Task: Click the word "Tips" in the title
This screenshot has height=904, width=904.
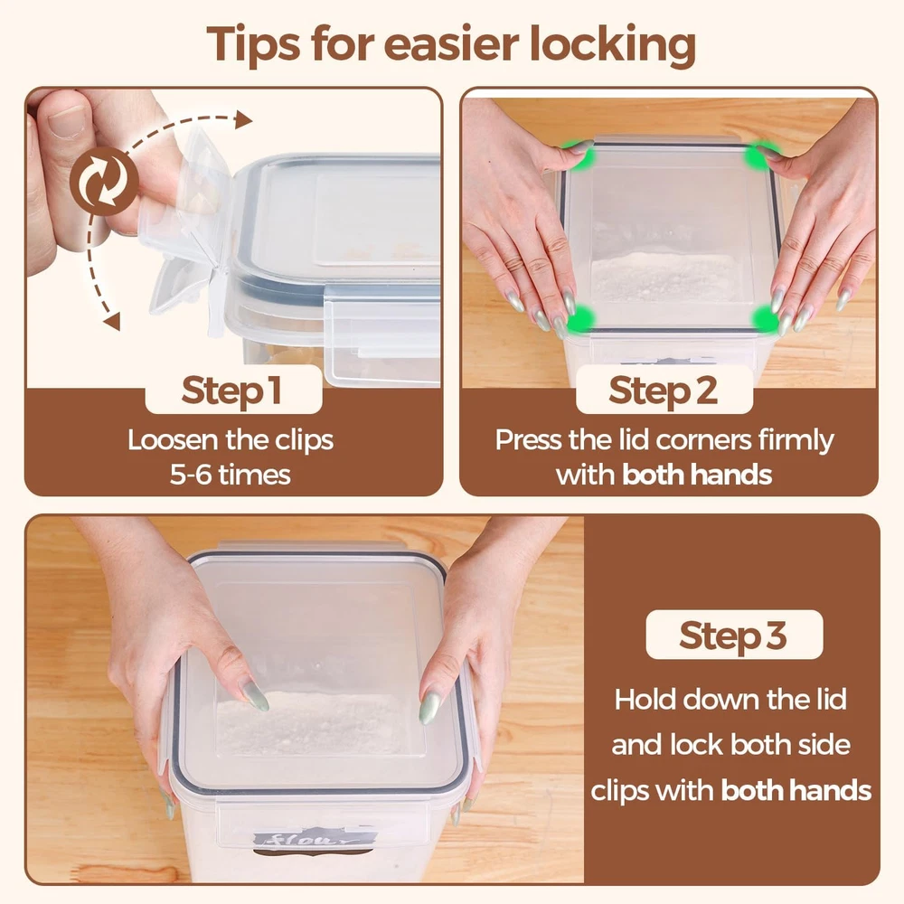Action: coord(253,43)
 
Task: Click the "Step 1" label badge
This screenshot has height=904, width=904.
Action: coord(233,390)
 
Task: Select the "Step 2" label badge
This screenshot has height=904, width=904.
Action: coord(664,390)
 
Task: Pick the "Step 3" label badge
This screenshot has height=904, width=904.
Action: coord(734,635)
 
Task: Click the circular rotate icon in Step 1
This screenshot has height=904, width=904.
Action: coord(104,181)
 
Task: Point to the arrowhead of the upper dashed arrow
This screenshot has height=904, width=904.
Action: coord(243,120)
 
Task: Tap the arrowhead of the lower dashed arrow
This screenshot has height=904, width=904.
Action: coord(112,321)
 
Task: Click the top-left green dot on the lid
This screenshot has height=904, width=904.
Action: coord(582,155)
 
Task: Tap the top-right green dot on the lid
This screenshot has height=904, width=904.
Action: coord(761,155)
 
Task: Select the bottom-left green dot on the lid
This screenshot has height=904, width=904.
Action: coord(581,319)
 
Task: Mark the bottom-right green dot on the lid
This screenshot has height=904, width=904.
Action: coord(766,319)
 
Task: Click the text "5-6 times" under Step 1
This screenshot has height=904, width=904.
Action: coord(230,476)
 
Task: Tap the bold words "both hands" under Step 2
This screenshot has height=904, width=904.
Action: coord(697,476)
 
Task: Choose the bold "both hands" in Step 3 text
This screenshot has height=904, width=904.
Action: coord(796,790)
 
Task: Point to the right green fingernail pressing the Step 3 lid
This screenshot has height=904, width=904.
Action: coord(430,707)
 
